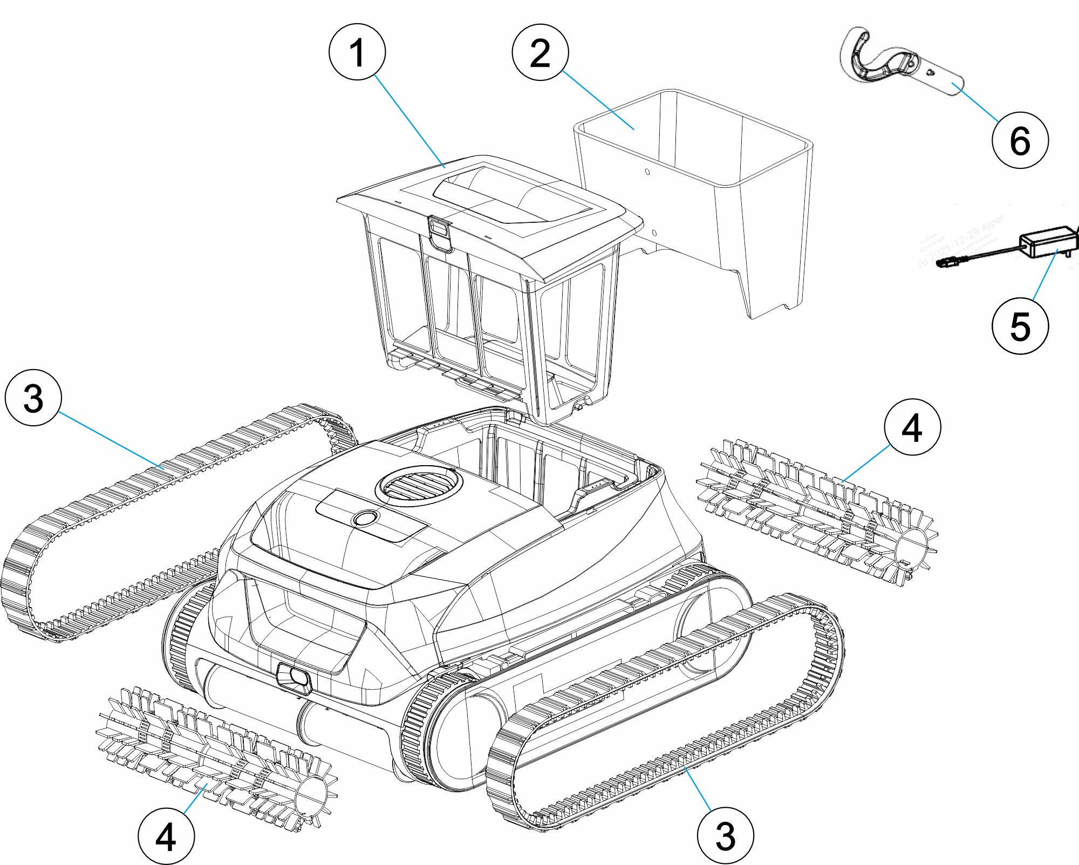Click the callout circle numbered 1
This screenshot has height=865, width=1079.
357,52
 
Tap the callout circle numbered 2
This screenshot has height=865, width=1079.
540,52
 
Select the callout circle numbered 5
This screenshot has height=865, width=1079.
1020,326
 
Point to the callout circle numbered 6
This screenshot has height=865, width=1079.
1020,140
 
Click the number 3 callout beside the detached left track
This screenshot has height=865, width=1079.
33,398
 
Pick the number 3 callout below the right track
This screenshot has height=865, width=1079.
725,835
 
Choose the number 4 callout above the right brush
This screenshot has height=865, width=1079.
912,427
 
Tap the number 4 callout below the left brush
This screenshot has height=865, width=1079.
166,837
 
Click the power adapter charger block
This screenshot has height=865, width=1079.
1047,243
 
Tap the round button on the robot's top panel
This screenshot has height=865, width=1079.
365,519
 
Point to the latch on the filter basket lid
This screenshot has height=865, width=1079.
441,233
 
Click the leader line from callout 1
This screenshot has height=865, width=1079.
409,122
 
